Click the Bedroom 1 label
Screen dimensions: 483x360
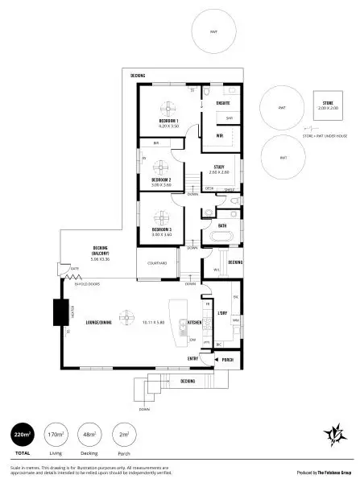(x=168, y=122)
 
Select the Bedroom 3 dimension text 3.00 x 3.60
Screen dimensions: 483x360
(x=162, y=234)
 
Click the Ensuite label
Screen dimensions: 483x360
(x=223, y=103)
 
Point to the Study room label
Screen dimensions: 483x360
(x=218, y=167)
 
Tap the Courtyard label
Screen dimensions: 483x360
(x=156, y=263)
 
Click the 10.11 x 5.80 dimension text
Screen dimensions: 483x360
(x=153, y=322)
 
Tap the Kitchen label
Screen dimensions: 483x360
(x=194, y=322)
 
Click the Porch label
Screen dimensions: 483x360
(x=228, y=359)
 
